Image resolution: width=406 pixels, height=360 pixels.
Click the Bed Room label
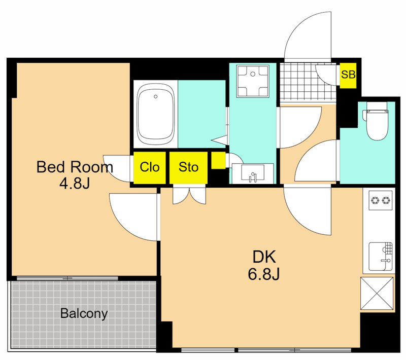(x=75, y=167)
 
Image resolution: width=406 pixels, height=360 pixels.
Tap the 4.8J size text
(x=75, y=184)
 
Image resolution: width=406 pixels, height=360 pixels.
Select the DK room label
(x=264, y=257)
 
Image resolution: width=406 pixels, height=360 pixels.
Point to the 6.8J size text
(x=264, y=274)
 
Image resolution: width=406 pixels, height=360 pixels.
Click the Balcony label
(x=84, y=314)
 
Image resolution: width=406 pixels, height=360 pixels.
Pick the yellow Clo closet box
(x=150, y=168)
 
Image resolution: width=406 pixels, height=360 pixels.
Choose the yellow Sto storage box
(x=188, y=168)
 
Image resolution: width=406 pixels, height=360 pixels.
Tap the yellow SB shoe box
(x=348, y=75)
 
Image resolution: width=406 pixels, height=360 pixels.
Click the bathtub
(x=155, y=114)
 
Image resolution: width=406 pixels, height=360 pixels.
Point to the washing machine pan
(x=253, y=81)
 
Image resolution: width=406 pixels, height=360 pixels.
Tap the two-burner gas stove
(x=380, y=200)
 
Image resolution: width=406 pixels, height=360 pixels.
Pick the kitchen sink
(x=380, y=256)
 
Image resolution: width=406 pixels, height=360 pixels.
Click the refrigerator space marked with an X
(x=377, y=293)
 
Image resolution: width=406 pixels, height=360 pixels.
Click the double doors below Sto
(x=189, y=196)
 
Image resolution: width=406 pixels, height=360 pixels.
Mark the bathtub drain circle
(x=156, y=97)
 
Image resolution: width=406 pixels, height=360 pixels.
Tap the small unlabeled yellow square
(x=218, y=161)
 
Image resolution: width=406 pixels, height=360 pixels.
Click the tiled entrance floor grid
(x=308, y=82)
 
